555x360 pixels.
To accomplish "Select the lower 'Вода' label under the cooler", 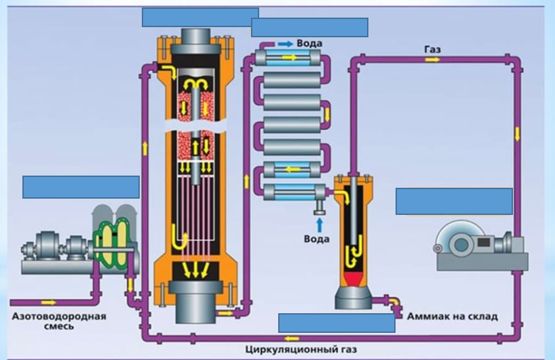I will pyautogui.click(x=316, y=239).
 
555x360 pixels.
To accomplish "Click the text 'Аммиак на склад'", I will pyautogui.click(x=452, y=317).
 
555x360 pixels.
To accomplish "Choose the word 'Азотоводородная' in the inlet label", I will pyautogui.click(x=58, y=317).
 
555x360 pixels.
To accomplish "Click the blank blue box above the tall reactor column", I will pyautogui.click(x=200, y=17).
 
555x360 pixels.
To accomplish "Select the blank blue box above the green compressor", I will pyautogui.click(x=81, y=186).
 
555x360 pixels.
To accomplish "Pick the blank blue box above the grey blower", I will pyautogui.click(x=454, y=201).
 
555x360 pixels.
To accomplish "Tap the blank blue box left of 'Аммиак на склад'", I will pyautogui.click(x=337, y=323).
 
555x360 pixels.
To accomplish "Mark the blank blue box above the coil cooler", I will pyautogui.click(x=309, y=27).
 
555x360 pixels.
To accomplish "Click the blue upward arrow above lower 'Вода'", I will pyautogui.click(x=317, y=224).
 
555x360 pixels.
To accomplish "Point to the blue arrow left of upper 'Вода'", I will pyautogui.click(x=285, y=43).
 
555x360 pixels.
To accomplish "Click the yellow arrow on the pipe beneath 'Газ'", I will pyautogui.click(x=432, y=60).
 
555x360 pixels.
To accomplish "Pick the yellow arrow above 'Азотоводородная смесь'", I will pyautogui.click(x=49, y=302).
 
